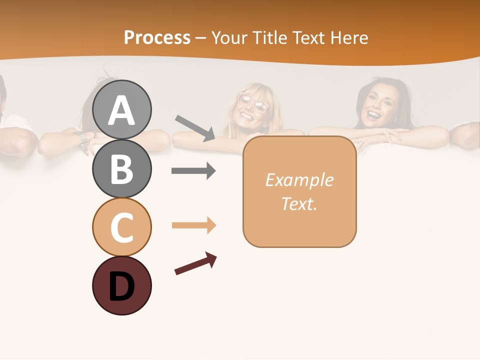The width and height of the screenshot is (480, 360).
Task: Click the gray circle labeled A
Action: [x=121, y=109]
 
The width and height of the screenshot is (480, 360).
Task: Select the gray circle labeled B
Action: [x=121, y=168]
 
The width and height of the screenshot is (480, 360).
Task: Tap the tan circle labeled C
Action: [x=121, y=227]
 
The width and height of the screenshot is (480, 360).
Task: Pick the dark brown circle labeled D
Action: [x=121, y=285]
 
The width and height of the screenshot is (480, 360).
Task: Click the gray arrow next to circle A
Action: [x=195, y=127]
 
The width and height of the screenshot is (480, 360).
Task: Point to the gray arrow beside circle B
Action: [x=193, y=171]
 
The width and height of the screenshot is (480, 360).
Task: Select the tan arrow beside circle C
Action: [x=193, y=225]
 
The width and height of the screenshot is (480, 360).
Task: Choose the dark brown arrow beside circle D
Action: [x=195, y=264]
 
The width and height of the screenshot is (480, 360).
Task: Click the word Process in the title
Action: [x=157, y=37]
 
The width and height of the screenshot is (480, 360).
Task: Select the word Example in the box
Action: [x=299, y=180]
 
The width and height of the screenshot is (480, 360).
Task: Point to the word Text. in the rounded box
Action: [x=299, y=203]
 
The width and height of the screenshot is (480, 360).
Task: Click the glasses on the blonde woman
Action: [x=253, y=102]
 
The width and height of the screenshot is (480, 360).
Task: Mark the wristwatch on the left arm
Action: [x=81, y=136]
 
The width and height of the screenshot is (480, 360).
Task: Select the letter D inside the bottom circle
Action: [x=121, y=286]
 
